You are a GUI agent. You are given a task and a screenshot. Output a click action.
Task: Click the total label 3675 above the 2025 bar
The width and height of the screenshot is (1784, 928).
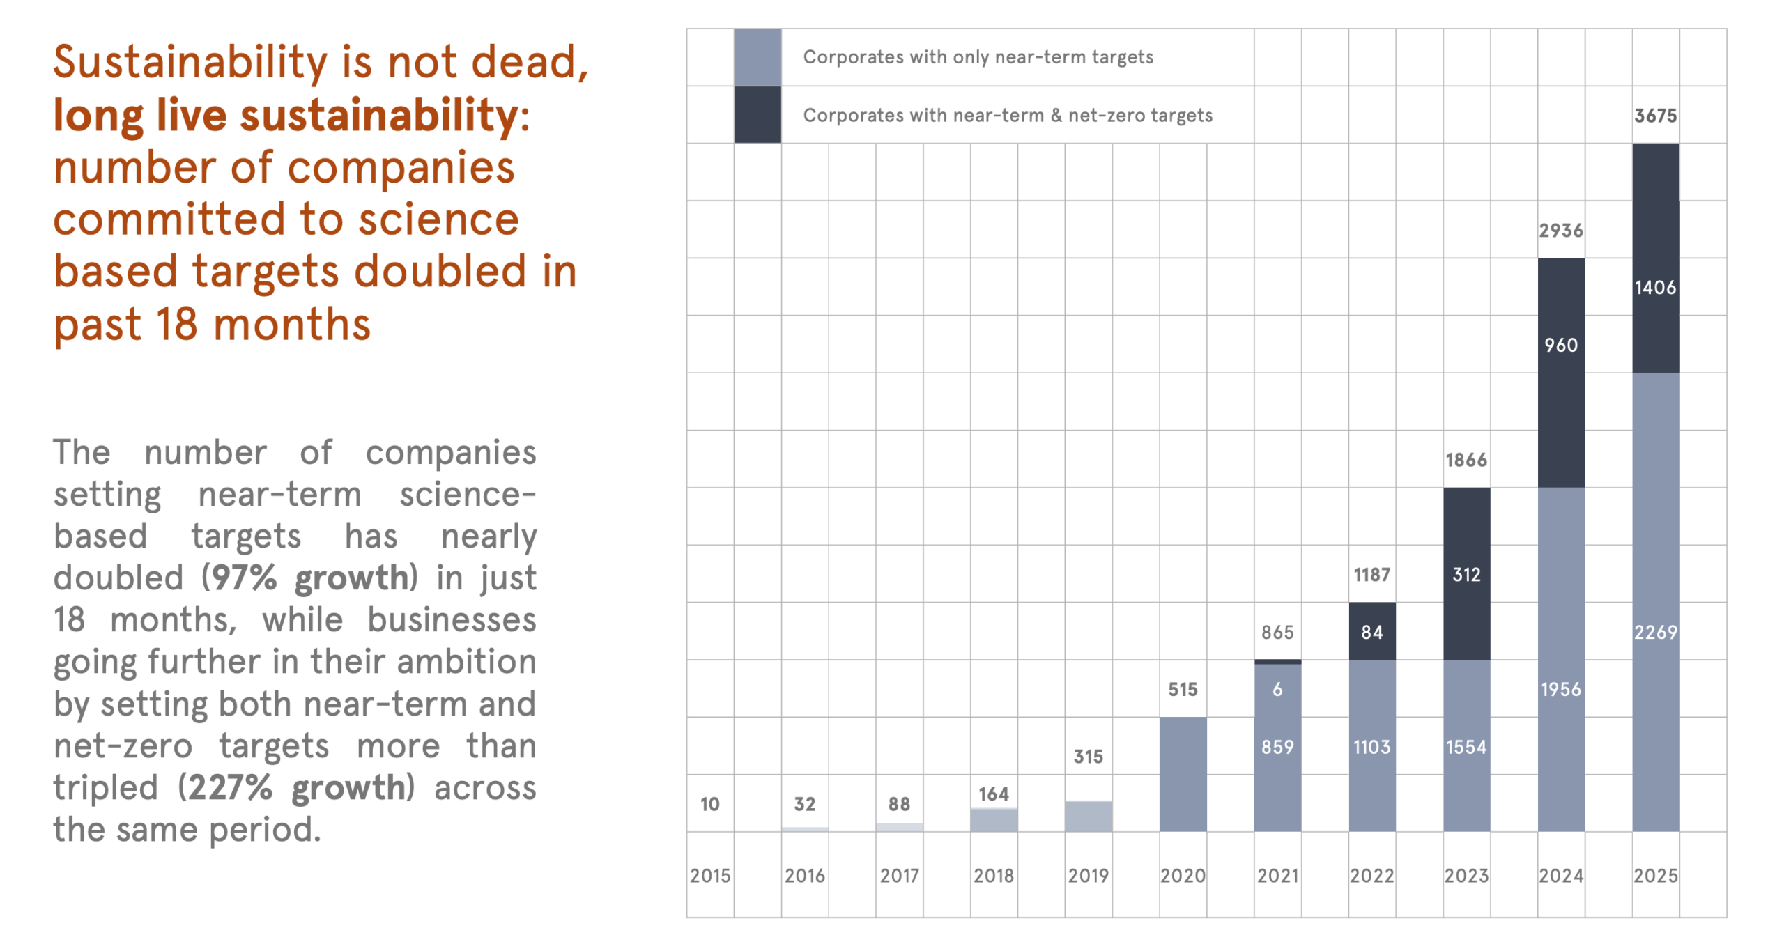point(1655,116)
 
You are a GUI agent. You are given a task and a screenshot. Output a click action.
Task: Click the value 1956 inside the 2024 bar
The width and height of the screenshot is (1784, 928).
point(1560,689)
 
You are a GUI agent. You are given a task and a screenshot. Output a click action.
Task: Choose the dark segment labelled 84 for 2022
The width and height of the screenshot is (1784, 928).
point(1371,631)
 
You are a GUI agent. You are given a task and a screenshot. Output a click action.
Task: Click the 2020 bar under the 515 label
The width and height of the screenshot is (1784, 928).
point(1183,773)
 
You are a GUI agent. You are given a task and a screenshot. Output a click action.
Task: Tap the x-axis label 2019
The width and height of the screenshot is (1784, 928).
point(1088,875)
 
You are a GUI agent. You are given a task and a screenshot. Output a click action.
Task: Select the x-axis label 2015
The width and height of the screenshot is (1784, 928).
point(710,875)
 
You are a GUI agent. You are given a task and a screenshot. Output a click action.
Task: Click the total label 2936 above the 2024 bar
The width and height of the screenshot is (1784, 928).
point(1560,230)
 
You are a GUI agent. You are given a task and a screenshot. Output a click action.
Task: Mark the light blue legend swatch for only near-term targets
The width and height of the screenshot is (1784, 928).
point(758,57)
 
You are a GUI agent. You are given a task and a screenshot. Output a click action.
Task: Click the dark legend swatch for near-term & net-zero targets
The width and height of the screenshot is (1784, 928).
point(758,115)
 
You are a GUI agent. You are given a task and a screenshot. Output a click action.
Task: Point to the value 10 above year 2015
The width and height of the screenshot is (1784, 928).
point(709,803)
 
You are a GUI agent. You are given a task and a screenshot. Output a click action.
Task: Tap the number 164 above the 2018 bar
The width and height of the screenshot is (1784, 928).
point(993,794)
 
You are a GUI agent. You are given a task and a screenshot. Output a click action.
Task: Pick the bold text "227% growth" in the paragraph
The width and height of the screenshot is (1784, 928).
point(297,787)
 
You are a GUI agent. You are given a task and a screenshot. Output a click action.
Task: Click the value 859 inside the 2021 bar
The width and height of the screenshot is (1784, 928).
point(1277,747)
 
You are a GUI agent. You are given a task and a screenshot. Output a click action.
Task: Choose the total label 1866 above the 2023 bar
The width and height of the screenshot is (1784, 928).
point(1466,460)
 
